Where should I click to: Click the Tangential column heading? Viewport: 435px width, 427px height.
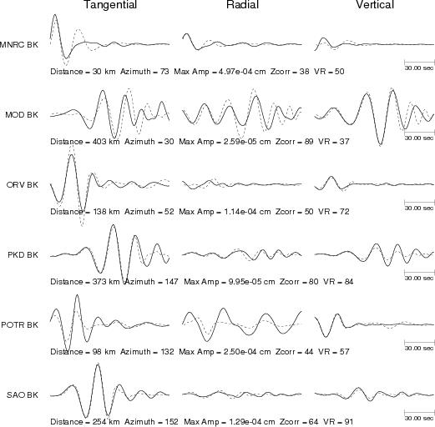pos(110,5)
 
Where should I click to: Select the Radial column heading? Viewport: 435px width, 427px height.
pos(243,5)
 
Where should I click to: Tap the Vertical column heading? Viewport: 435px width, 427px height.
pos(375,5)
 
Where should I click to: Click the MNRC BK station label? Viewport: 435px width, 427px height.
pos(19,45)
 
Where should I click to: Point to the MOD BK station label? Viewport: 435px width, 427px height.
pos(22,115)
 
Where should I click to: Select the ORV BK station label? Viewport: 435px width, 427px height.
pos(23,185)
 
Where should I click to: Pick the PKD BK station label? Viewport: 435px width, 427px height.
pos(23,255)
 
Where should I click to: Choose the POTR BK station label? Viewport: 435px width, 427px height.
pos(19,325)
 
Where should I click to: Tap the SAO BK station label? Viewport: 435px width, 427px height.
pos(23,395)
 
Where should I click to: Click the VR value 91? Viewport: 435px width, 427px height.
pos(348,422)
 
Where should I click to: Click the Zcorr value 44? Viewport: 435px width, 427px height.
pos(308,352)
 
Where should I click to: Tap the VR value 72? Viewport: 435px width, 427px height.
pos(344,212)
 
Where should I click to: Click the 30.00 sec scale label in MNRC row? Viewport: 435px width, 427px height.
pos(419,68)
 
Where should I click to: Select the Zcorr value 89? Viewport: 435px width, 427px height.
pos(308,142)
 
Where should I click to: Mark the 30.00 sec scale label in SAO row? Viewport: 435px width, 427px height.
pos(419,418)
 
